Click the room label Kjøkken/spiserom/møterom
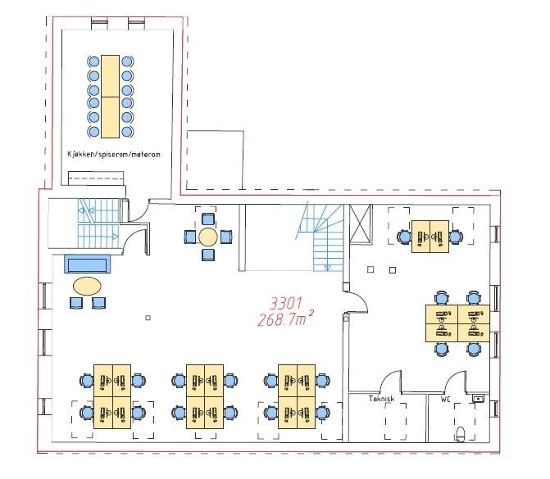pos(114,154)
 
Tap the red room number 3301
pos(286,304)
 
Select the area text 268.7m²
pos(285,319)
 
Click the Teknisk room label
pos(381,399)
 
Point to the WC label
pos(445,400)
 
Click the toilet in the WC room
pos(460,434)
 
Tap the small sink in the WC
pos(478,398)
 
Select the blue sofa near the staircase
pos(87,264)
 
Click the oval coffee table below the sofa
pos(87,287)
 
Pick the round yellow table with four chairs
pos(208,237)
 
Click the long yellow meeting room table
pos(110,97)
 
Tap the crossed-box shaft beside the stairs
pos(360,224)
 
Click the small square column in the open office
pos(148,318)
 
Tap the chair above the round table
pos(208,219)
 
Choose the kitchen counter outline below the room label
pos(96,178)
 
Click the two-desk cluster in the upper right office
pos(430,237)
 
